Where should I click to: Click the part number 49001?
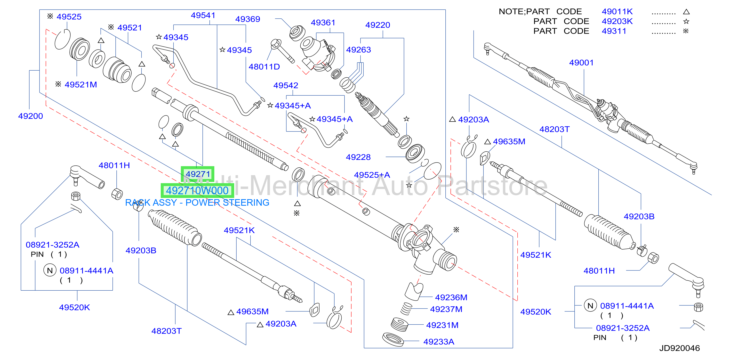tap(581, 63)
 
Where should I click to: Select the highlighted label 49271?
tap(198, 174)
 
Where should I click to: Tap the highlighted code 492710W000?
tap(197, 191)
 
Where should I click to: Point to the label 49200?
tap(30, 116)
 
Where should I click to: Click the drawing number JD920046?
tap(680, 348)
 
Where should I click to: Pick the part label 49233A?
tap(439, 342)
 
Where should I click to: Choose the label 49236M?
tap(451, 297)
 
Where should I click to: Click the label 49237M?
tap(446, 309)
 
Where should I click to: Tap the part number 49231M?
tap(442, 325)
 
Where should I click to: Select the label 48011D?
tap(264, 67)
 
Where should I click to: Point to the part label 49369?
tap(248, 19)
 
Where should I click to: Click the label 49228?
tap(358, 157)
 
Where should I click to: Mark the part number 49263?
tap(359, 50)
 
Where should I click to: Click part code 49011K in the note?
tap(617, 12)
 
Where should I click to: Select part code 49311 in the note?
tap(614, 31)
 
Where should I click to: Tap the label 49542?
tap(286, 86)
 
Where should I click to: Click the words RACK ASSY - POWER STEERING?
tap(197, 203)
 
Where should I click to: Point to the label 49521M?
tap(81, 85)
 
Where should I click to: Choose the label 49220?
tap(377, 25)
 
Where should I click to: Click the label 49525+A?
tap(372, 175)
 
